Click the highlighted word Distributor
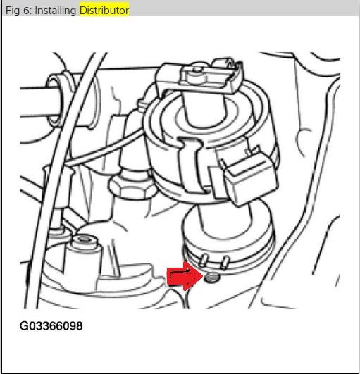pyautogui.click(x=104, y=11)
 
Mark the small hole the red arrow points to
pyautogui.click(x=213, y=278)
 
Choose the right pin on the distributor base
pyautogui.click(x=224, y=263)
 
